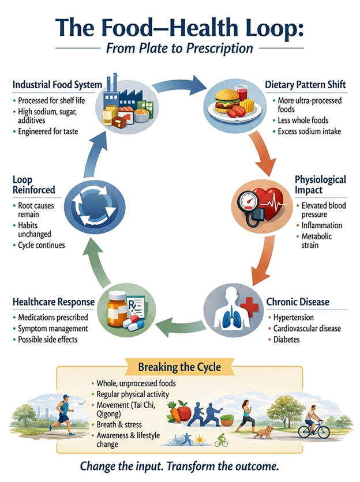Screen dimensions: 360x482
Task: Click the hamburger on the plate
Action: (227, 101)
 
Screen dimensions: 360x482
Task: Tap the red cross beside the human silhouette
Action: (250, 307)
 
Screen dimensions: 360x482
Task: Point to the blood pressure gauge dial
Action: (248, 202)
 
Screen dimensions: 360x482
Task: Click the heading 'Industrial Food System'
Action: (57, 85)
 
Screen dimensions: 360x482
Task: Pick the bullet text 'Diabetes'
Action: (287, 340)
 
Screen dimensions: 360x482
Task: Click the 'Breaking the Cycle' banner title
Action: (179, 367)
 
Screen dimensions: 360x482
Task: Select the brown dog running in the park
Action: (264, 432)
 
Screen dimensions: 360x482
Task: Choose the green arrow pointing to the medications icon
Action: (182, 326)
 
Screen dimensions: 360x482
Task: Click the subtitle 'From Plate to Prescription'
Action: (179, 48)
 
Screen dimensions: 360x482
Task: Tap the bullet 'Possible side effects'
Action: (48, 340)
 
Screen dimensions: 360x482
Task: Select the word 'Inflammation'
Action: (322, 225)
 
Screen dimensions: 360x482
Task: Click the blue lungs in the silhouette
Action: (232, 318)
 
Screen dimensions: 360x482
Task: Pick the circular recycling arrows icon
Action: (94, 206)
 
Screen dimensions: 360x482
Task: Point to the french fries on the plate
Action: (247, 105)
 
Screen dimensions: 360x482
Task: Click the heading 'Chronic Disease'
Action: (298, 302)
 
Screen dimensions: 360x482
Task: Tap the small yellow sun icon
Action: (200, 440)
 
